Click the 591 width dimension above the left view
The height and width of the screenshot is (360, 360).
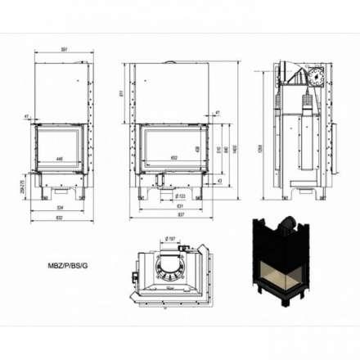click(x=62, y=48)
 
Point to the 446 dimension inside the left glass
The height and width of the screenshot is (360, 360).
click(x=60, y=159)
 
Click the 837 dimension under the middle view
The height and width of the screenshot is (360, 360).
click(x=173, y=218)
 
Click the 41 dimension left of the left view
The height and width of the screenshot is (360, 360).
click(x=27, y=117)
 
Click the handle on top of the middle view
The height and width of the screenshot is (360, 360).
click(x=170, y=61)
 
